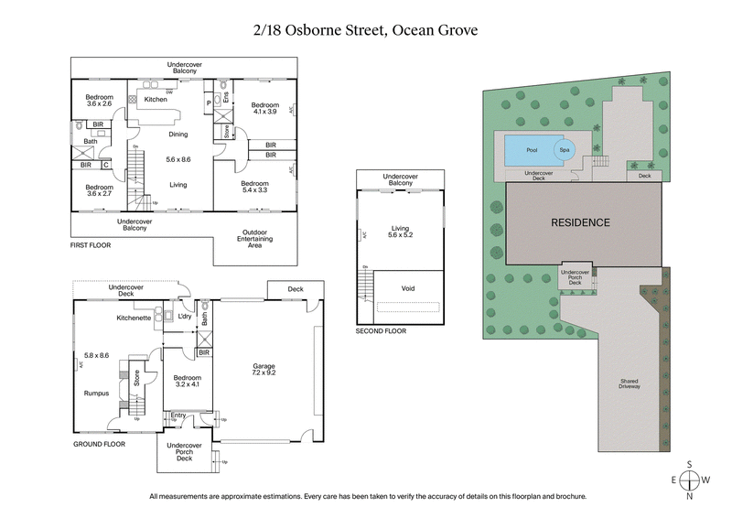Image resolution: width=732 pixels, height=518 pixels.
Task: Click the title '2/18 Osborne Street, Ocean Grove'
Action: (366, 29)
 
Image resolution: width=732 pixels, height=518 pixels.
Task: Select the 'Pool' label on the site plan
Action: (532, 149)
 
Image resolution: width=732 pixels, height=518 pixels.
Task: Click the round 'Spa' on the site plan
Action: (565, 150)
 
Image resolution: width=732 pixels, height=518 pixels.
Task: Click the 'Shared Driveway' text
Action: (628, 383)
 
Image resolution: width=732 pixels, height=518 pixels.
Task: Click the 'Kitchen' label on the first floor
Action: (155, 99)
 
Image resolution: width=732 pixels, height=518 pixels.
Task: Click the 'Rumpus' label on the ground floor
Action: (97, 394)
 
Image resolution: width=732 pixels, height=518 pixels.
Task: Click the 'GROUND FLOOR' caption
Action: (99, 443)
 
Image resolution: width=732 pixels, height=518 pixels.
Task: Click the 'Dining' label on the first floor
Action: (178, 135)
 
